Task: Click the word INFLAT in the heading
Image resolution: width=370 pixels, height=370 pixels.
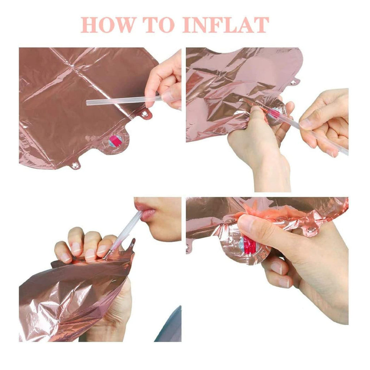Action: tap(225, 25)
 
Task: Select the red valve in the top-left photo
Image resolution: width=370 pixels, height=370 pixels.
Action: tap(115, 141)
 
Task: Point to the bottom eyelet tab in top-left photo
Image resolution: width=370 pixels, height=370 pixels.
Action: tap(76, 165)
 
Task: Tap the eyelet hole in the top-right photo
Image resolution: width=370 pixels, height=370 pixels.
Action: tap(293, 82)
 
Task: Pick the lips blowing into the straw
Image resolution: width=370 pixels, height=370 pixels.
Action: tap(145, 210)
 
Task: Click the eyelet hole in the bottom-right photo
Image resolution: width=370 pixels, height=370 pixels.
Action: tap(311, 229)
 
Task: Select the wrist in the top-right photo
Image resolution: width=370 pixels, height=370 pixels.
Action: tap(272, 175)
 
